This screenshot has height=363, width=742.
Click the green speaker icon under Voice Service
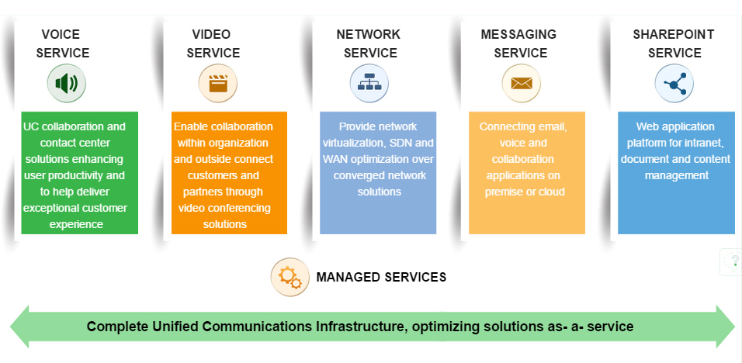(x=66, y=84)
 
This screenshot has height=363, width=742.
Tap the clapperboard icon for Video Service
(x=217, y=84)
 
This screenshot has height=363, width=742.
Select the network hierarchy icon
(x=369, y=84)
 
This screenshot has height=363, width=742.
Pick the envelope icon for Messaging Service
(x=521, y=84)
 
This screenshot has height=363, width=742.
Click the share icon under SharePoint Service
(x=674, y=84)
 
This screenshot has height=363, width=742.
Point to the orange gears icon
(x=290, y=277)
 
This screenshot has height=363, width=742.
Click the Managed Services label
(x=381, y=277)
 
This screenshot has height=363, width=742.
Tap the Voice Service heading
(x=62, y=43)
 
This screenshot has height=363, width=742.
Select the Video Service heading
(x=213, y=43)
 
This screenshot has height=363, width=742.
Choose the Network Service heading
(x=369, y=43)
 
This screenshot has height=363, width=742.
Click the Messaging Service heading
(x=519, y=43)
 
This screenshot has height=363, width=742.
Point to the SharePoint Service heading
(x=674, y=43)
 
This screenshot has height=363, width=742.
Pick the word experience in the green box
(x=76, y=225)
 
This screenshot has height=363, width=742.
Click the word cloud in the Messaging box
(x=551, y=192)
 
